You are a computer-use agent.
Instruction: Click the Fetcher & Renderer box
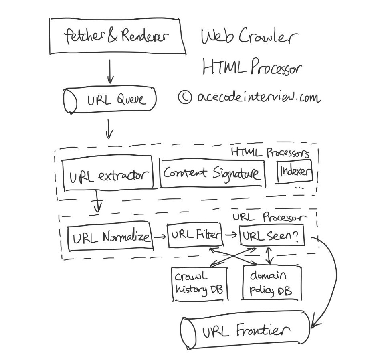116,37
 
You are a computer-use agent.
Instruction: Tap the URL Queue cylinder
110,99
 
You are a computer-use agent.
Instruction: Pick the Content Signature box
212,173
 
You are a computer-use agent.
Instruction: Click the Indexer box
295,172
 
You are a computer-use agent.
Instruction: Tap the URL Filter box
195,235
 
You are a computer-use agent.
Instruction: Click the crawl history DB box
199,283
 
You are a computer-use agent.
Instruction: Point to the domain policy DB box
271,283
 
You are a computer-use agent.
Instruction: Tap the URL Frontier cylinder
245,330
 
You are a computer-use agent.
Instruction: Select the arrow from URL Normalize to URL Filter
160,237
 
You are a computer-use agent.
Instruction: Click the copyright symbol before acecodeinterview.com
185,97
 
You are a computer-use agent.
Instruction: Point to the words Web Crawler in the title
249,38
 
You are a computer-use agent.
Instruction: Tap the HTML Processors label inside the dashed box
270,153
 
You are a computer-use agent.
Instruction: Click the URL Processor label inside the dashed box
269,217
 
